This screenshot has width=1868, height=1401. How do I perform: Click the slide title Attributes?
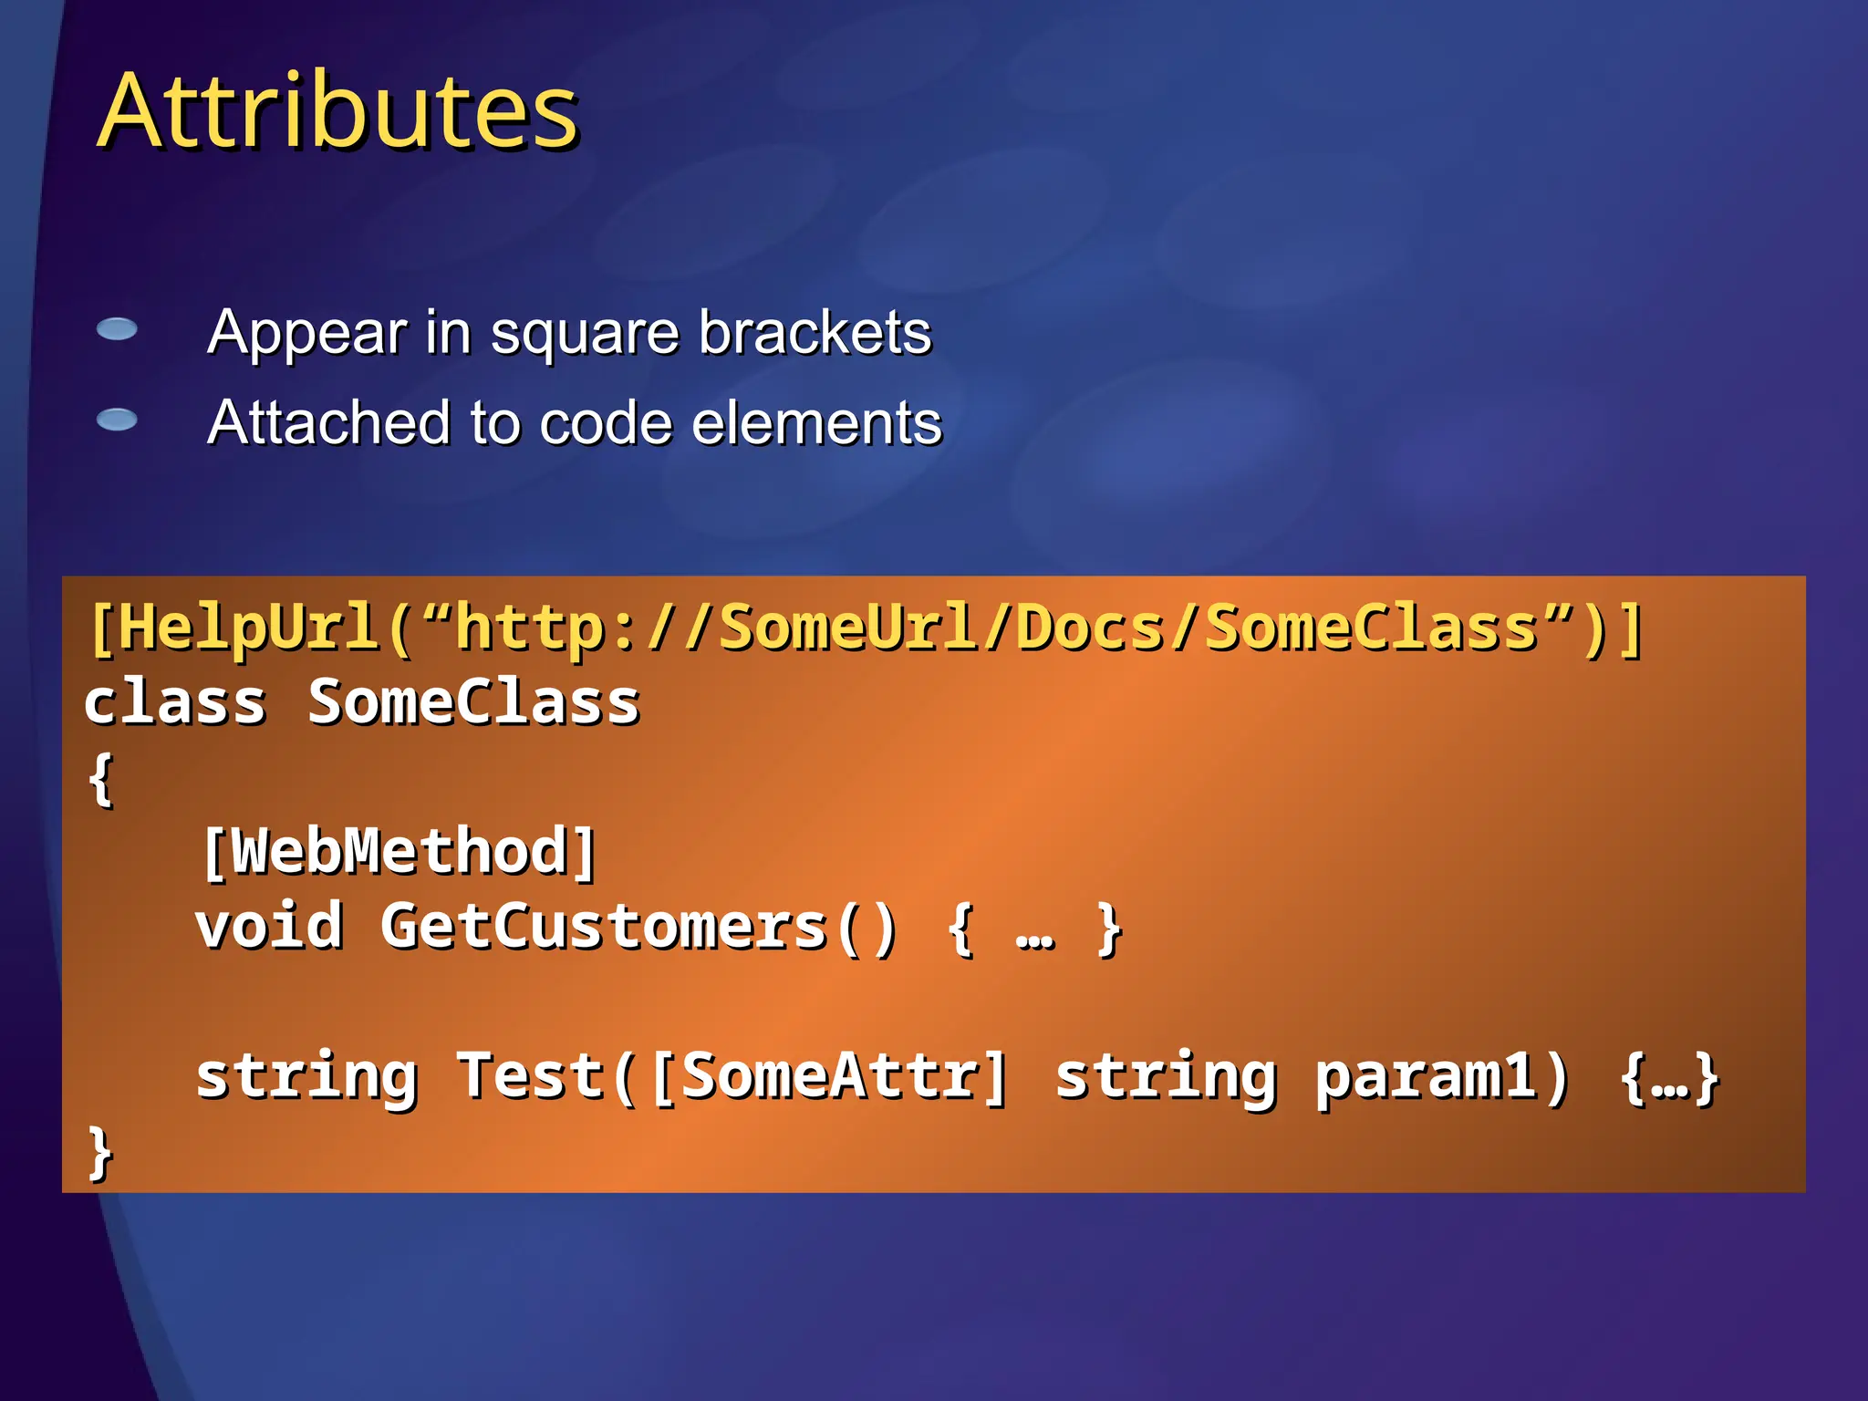[x=337, y=111]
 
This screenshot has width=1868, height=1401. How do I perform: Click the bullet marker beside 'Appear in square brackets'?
[x=117, y=329]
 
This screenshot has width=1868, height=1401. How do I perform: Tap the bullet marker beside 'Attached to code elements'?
[x=117, y=420]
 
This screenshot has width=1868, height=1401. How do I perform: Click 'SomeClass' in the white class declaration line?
[x=473, y=703]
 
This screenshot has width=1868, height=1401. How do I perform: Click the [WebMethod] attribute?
[x=399, y=852]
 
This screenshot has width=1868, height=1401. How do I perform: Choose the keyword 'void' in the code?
[x=269, y=927]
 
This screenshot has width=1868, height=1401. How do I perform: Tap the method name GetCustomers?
[x=603, y=927]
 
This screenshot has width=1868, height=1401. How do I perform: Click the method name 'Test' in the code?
[x=530, y=1076]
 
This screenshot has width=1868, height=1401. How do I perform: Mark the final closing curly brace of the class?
[x=100, y=1153]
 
